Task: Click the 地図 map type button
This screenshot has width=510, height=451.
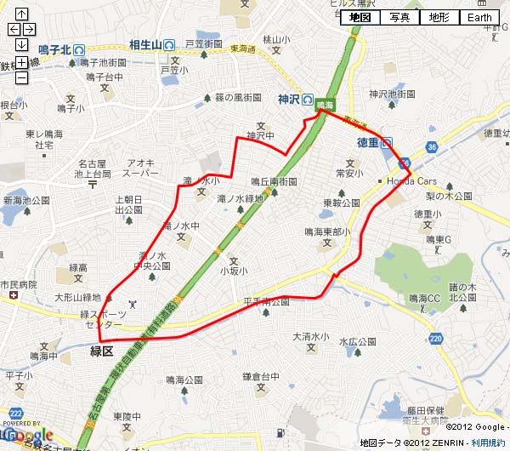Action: coord(360,17)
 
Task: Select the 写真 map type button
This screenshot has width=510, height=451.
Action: coord(399,17)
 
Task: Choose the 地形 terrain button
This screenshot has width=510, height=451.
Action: coord(439,17)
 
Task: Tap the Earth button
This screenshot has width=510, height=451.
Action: coord(480,17)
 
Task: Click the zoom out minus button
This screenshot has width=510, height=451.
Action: coord(21,78)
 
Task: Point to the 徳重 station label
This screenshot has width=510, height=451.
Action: coord(367,142)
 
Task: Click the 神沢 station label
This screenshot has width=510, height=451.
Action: coord(290,100)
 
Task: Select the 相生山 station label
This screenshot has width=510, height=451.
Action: coord(145,44)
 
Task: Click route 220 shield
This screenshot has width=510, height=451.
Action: coord(436,339)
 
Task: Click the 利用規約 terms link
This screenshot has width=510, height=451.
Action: coord(488,443)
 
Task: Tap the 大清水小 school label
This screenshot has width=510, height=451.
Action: coord(310,337)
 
